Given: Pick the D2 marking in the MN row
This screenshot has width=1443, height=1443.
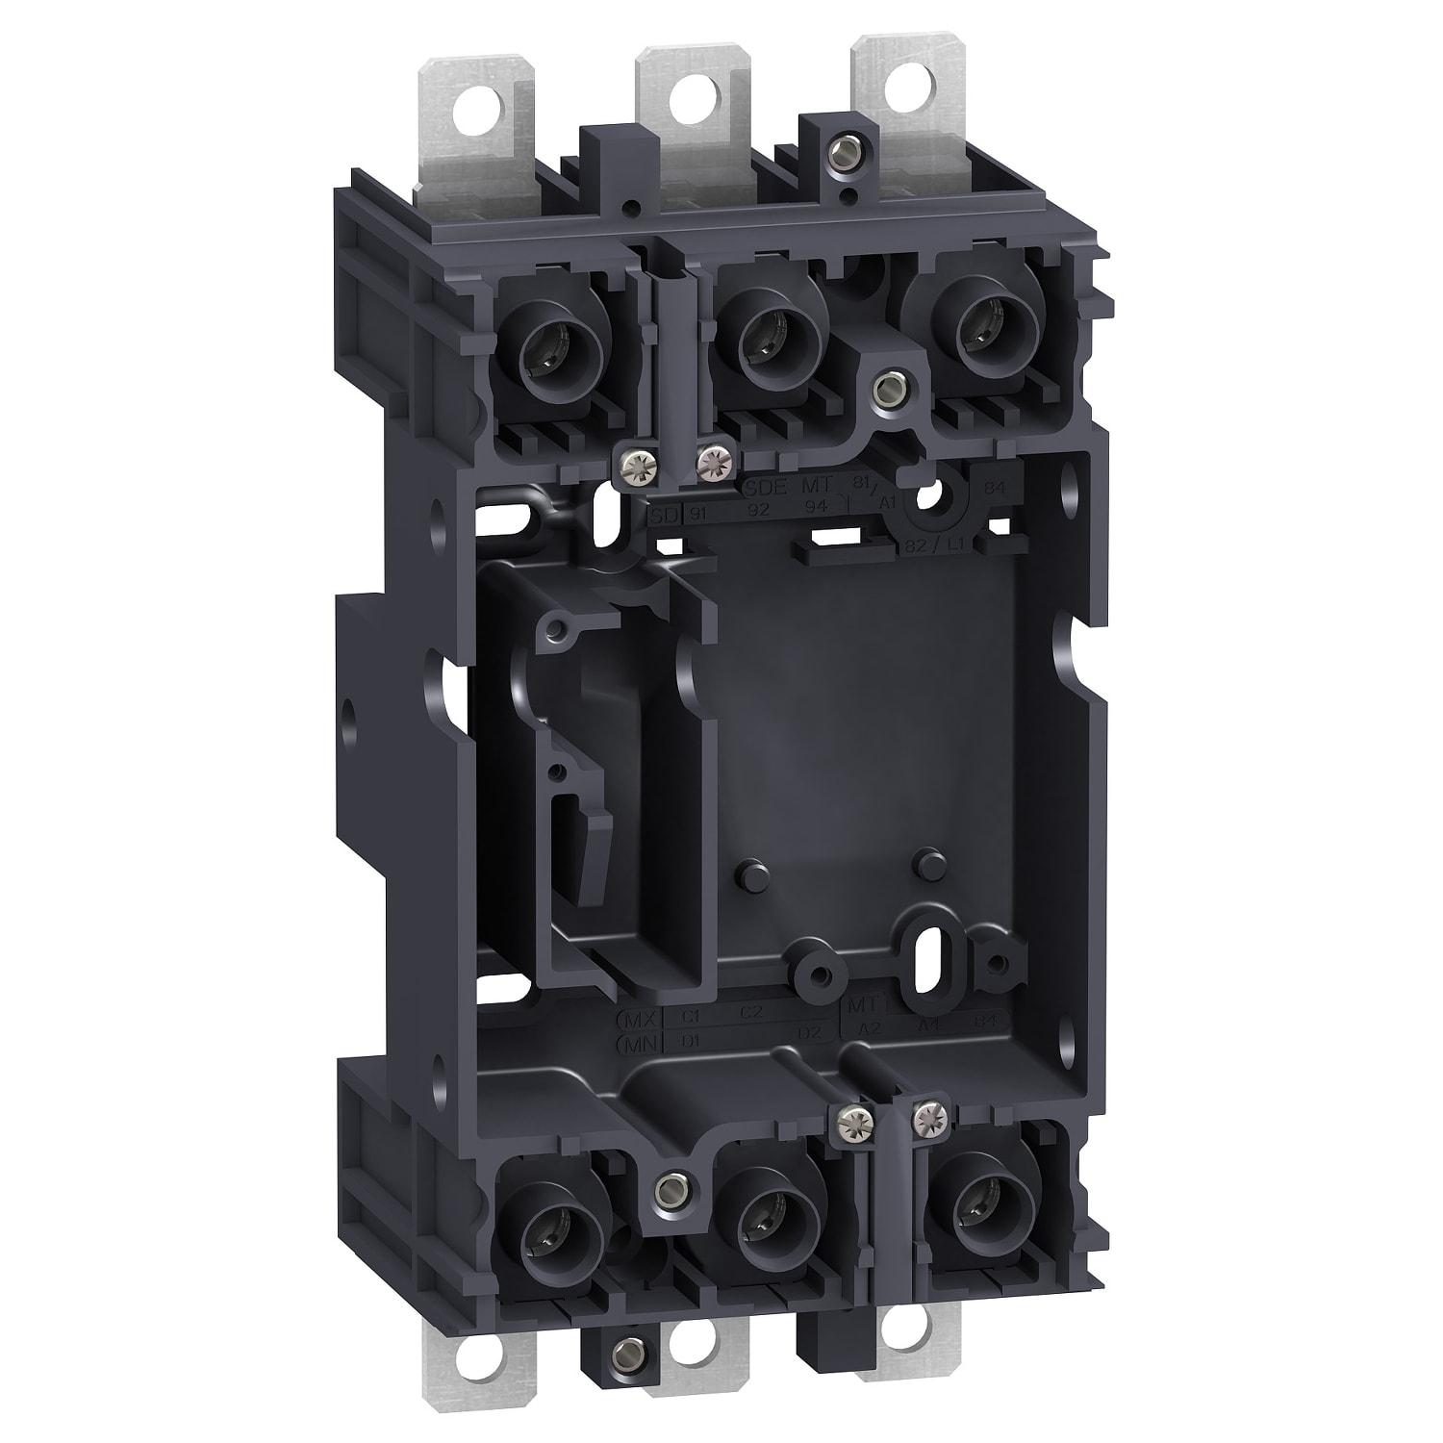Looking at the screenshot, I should pos(813,1034).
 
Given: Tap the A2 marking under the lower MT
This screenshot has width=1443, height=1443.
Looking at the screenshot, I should pos(869,1028).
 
